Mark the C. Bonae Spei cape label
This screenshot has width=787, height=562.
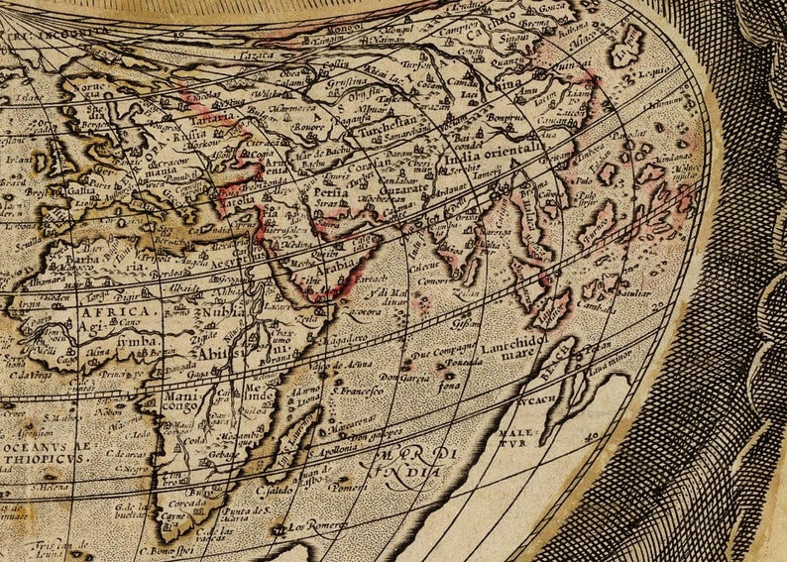pyautogui.click(x=169, y=551)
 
